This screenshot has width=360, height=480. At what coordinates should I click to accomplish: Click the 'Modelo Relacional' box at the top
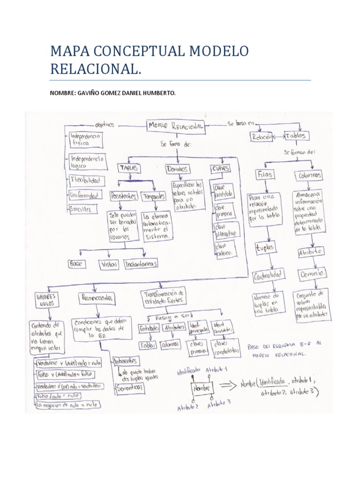tap(176, 126)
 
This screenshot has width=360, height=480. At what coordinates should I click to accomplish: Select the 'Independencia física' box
tap(86, 140)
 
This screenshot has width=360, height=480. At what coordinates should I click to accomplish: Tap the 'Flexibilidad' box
tap(87, 180)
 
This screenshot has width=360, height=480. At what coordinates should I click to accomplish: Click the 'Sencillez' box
tap(83, 208)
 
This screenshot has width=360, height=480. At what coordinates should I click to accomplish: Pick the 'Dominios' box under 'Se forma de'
tap(177, 168)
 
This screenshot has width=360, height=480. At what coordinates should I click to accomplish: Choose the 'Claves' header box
tap(221, 168)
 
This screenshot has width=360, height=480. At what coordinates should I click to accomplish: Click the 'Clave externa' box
tap(225, 249)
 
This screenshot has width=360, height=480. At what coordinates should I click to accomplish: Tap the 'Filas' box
tap(265, 175)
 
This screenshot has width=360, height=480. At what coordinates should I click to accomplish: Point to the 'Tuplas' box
tap(265, 247)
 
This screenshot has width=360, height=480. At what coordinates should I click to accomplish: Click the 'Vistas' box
tap(109, 264)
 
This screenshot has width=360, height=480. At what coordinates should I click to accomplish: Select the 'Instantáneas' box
tap(141, 264)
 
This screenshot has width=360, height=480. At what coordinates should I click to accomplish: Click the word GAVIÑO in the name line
tap(86, 93)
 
